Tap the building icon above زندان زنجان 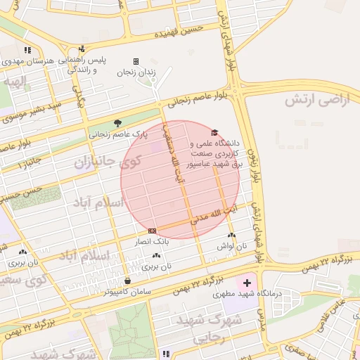tap(136, 62)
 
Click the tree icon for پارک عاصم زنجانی tap(117, 122)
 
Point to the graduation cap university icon tap(214, 132)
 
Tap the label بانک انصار tap(151, 241)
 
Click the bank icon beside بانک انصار tap(152, 231)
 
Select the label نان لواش tap(233, 247)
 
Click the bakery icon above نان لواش tap(232, 236)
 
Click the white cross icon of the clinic tap(246, 282)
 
